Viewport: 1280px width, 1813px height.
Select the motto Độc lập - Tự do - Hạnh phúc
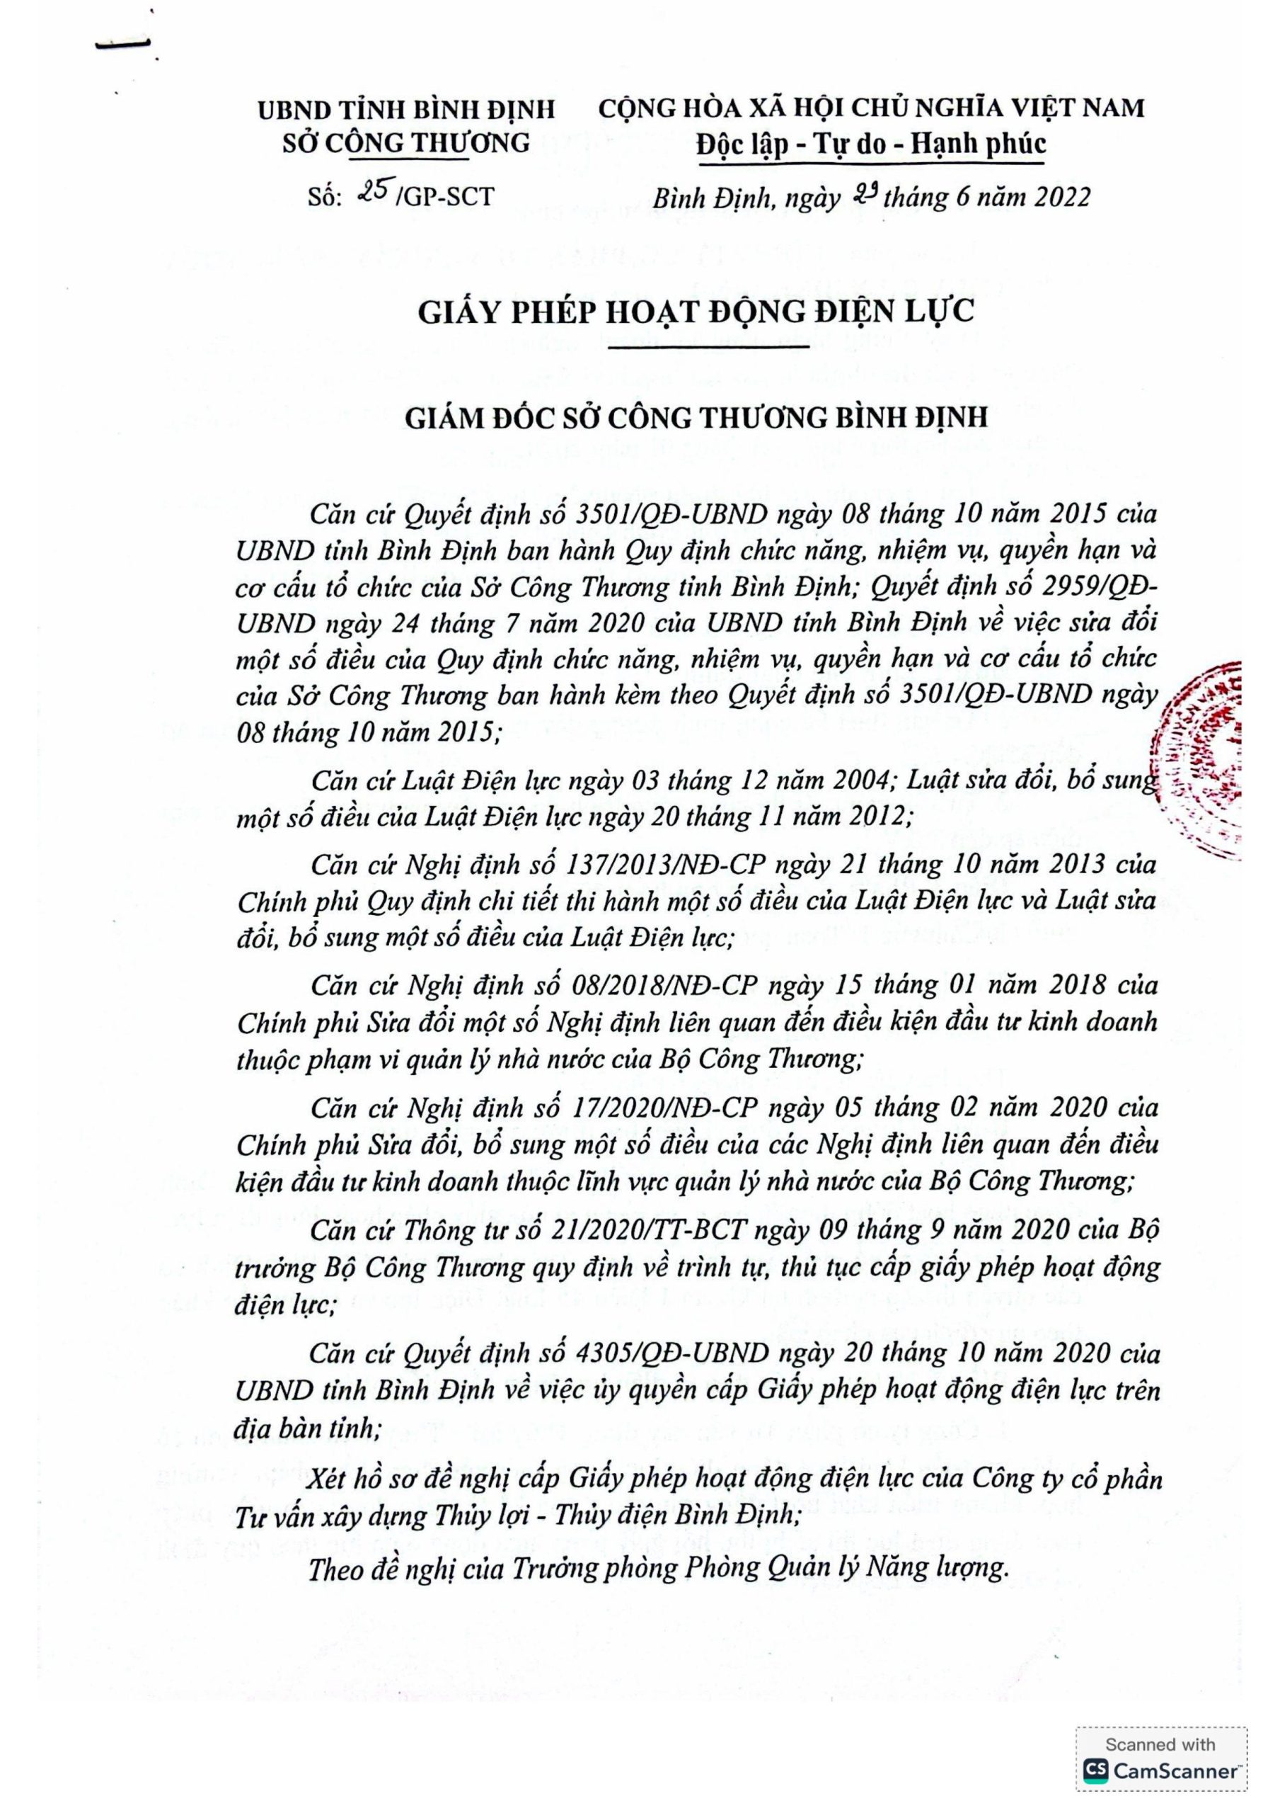(x=871, y=144)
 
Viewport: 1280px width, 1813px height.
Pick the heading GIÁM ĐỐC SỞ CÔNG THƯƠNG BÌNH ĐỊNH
(x=696, y=416)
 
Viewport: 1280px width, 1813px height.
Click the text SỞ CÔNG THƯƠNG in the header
(x=406, y=143)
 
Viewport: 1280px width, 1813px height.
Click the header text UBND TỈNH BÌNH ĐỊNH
(x=406, y=108)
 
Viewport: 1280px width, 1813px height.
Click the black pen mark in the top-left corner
(x=124, y=45)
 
